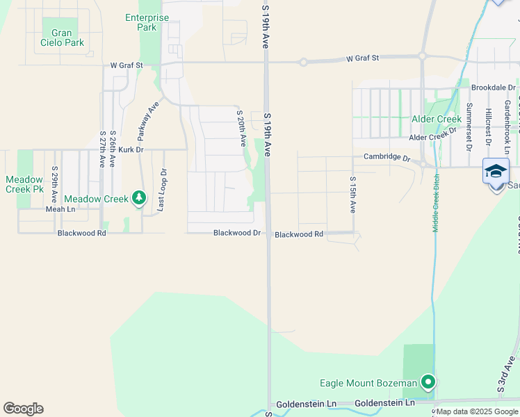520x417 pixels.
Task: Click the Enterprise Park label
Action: tap(147, 22)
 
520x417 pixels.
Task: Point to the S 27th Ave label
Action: tap(102, 149)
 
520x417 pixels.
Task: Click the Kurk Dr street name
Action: tap(130, 149)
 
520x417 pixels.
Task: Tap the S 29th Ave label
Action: tap(54, 183)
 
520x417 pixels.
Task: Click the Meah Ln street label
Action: tap(60, 209)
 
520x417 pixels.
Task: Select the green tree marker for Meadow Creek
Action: tap(140, 199)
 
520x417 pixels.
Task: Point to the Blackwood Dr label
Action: tap(237, 234)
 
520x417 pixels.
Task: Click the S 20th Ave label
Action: tap(241, 127)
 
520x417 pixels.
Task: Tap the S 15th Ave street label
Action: tap(352, 194)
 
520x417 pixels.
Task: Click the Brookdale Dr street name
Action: tap(493, 88)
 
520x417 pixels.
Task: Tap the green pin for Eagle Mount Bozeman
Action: tap(429, 382)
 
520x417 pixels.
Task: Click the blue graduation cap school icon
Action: tap(496, 170)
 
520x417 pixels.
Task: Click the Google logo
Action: tap(23, 409)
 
